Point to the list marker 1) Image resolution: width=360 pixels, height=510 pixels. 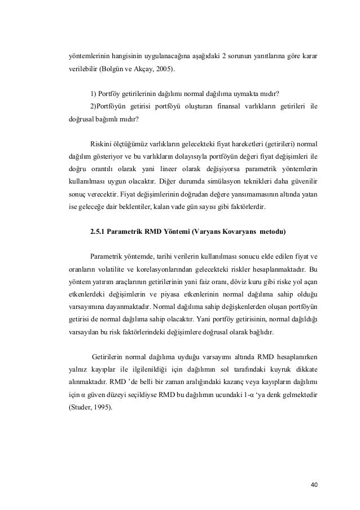(x=93, y=94)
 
